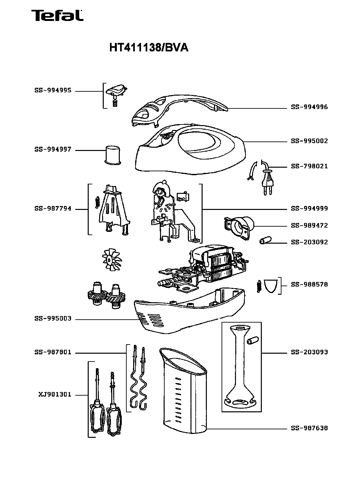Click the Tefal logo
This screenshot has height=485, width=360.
click(57, 15)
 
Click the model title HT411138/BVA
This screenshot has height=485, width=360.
click(149, 47)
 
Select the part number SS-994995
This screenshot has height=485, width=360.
click(53, 90)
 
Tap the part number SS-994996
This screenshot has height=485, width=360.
click(309, 107)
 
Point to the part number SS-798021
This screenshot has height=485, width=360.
click(309, 166)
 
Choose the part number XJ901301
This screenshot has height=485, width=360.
click(55, 395)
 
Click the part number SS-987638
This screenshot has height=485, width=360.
click(309, 428)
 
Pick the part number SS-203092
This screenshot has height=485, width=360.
click(309, 242)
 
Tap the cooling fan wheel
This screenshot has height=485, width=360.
click(112, 260)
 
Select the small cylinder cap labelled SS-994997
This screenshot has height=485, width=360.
click(113, 155)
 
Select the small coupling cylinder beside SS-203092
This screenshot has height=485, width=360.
click(265, 240)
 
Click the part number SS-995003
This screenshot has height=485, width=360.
click(53, 318)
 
